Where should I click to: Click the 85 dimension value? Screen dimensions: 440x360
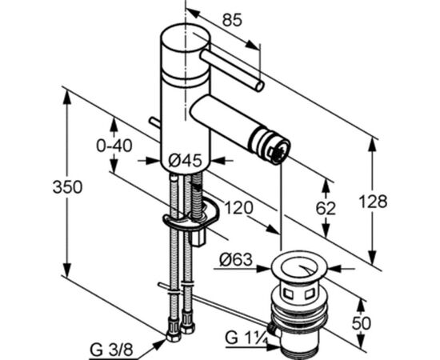(x=232, y=20)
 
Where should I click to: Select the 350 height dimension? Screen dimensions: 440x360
(x=68, y=187)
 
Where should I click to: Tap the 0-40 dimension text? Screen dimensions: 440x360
(x=114, y=146)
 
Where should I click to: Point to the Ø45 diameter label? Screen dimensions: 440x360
(x=186, y=161)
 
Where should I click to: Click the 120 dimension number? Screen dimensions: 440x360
(x=239, y=208)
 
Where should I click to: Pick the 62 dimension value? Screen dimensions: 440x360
(x=326, y=209)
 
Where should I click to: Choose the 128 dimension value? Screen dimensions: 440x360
(x=374, y=202)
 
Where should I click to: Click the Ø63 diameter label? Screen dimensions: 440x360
(x=236, y=259)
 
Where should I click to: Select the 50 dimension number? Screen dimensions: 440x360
(x=362, y=323)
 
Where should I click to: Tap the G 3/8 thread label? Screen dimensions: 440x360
(x=111, y=350)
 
